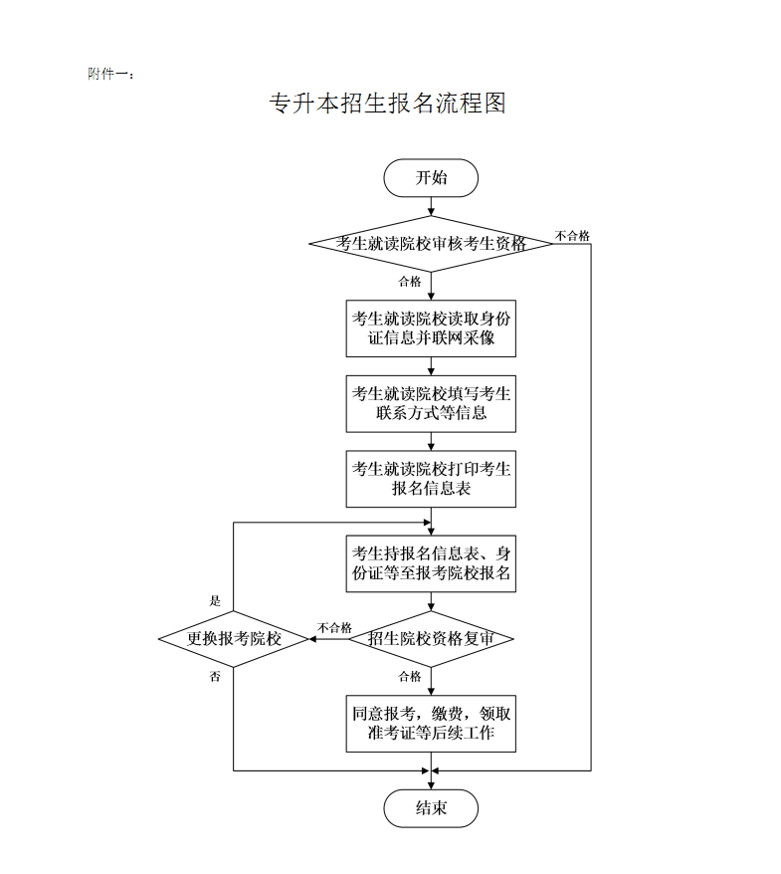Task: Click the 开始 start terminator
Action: pos(431,178)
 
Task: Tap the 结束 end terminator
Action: pos(431,807)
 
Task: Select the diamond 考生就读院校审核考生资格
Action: pos(431,243)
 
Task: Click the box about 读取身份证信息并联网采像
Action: pos(431,328)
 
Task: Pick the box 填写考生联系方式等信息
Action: pos(431,403)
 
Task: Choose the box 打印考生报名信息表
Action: pos(431,479)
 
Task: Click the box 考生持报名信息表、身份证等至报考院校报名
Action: pos(431,563)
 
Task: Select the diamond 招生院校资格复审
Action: pos(431,639)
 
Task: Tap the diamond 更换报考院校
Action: pos(234,639)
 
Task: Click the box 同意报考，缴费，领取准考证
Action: pos(431,724)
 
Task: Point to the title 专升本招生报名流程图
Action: pos(388,104)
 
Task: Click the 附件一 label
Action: pos(110,74)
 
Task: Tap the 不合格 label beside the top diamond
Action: pos(572,236)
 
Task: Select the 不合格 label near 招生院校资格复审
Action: pos(334,627)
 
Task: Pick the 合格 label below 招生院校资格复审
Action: pos(410,677)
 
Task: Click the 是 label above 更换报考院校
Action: pos(215,601)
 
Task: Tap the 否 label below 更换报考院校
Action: pos(215,677)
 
